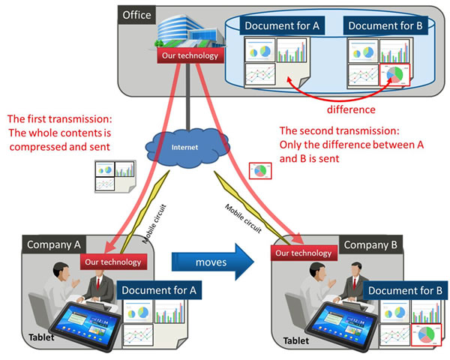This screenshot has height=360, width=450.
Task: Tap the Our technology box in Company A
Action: click(x=112, y=262)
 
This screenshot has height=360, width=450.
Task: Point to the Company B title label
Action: click(x=373, y=244)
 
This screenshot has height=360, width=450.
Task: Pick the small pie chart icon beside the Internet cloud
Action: click(x=261, y=171)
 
